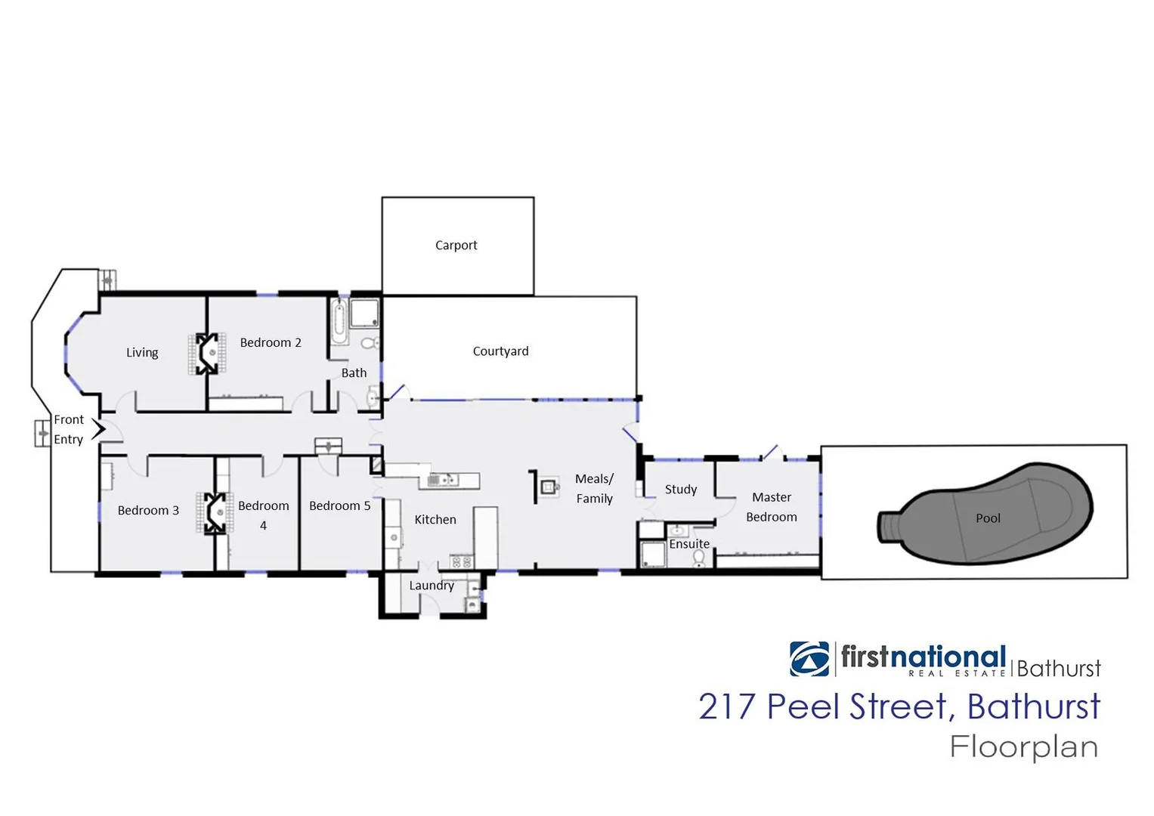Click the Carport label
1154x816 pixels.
point(456,245)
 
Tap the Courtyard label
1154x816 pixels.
point(500,351)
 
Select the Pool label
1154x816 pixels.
point(987,518)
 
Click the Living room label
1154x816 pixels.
point(142,352)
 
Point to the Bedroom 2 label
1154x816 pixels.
point(271,342)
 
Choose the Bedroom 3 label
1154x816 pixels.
point(148,510)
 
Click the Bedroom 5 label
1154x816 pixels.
point(339,505)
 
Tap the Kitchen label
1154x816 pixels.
point(435,519)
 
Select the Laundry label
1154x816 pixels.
point(432,585)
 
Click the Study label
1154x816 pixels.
point(681,489)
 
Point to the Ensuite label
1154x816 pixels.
point(689,543)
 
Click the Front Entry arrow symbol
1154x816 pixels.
point(98,430)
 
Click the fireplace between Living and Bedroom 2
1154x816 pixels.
point(207,354)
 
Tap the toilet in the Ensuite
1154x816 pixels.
point(699,558)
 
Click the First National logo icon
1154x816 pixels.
point(809,658)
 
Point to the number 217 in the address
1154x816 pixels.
point(726,706)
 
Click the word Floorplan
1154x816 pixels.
point(1023,746)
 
